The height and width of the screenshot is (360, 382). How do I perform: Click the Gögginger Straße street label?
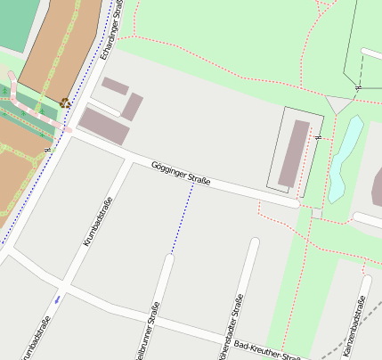(180, 174)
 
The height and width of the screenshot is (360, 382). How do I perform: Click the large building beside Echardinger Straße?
(104, 125)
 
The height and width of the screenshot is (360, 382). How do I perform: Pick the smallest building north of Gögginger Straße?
(115, 86)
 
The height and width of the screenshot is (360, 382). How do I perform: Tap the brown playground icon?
(65, 102)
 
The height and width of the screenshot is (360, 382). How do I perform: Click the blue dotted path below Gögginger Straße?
(182, 219)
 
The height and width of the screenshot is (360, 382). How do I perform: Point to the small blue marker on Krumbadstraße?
(58, 299)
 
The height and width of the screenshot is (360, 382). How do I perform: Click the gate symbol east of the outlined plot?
(318, 137)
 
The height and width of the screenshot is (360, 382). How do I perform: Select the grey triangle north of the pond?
(338, 103)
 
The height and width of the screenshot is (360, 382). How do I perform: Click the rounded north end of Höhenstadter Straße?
(255, 242)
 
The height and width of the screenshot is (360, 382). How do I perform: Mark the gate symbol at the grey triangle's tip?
(357, 88)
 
